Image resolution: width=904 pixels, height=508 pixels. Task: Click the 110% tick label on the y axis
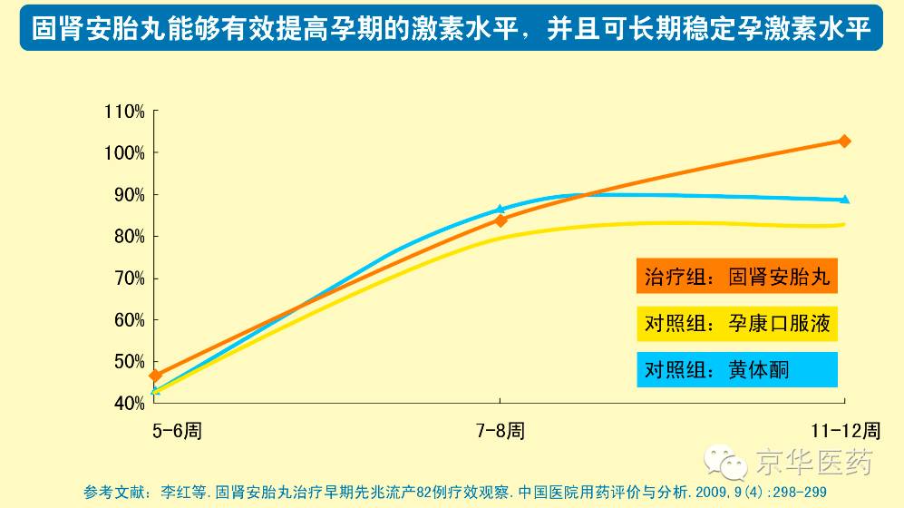pos(126,112)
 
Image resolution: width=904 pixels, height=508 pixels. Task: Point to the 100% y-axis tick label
pos(126,153)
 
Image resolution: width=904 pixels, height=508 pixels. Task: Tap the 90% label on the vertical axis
pos(129,195)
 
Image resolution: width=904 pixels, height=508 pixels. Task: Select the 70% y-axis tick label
pos(129,278)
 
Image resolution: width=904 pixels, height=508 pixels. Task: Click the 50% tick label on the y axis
pos(129,362)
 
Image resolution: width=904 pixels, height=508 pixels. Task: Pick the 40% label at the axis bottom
pos(129,403)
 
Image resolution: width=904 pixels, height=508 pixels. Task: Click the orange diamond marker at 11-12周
pos(845,141)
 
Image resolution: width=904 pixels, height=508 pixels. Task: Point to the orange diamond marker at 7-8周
pos(501,220)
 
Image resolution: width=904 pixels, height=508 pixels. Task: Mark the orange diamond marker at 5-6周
pos(155,375)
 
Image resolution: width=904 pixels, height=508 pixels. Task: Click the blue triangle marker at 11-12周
pos(845,200)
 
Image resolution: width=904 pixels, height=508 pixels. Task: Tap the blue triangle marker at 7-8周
pos(501,209)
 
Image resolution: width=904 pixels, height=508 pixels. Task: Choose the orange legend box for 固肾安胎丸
pos(736,277)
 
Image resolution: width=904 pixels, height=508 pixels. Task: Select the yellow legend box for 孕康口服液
pos(736,323)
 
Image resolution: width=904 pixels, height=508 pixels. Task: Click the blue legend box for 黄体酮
pos(736,369)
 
